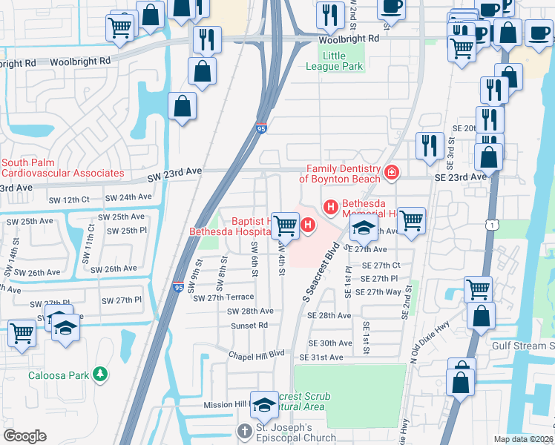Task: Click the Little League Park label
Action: coord(342,61)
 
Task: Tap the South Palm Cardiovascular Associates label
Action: coord(62,168)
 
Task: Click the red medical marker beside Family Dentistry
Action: coord(392,174)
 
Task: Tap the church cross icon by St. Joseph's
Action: coord(244,431)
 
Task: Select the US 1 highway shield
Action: coord(490,224)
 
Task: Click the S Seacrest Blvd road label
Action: coord(319,271)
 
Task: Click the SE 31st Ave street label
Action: coord(321,357)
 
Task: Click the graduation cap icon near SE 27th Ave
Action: coord(364,228)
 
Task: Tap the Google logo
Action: coord(24,436)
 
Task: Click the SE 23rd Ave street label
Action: coord(460,177)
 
